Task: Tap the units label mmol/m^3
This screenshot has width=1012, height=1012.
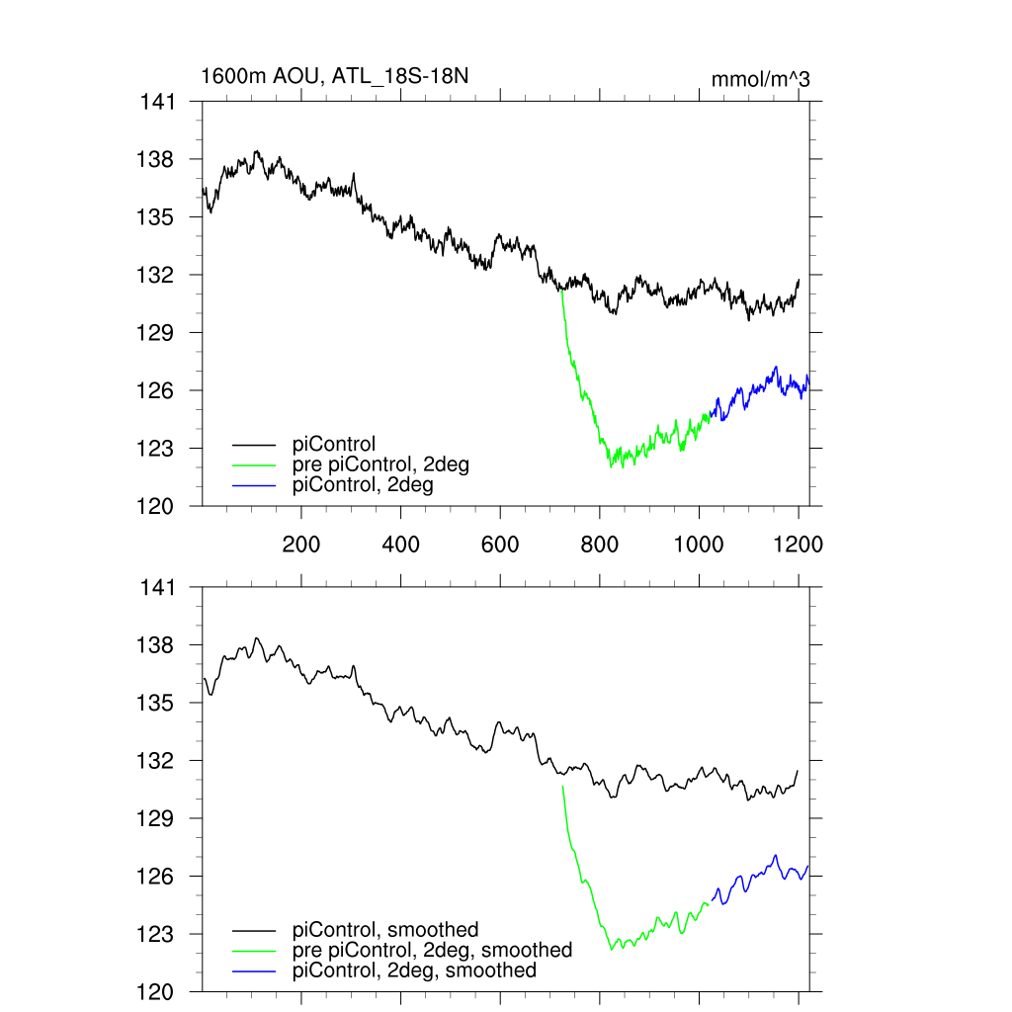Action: [x=761, y=79]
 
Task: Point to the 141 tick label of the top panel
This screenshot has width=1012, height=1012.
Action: [x=157, y=102]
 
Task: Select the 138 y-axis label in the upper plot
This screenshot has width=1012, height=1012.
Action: [x=157, y=159]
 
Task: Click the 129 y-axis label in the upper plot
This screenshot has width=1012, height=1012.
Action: [x=157, y=333]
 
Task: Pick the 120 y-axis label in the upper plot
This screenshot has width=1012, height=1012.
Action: [x=157, y=506]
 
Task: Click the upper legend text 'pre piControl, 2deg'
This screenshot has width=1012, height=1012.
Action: [x=380, y=464]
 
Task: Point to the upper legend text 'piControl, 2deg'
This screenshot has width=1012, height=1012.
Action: [x=364, y=485]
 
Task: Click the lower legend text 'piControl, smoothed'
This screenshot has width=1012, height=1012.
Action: [x=385, y=929]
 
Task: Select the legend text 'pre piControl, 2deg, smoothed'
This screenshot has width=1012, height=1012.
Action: [x=432, y=950]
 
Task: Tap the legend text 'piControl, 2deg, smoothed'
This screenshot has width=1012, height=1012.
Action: [x=415, y=970]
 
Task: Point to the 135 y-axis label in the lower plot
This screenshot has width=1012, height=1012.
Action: [x=157, y=704]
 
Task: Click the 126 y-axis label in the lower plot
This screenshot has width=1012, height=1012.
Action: [x=157, y=877]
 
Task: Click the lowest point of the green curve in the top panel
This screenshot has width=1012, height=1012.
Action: [x=611, y=466]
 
